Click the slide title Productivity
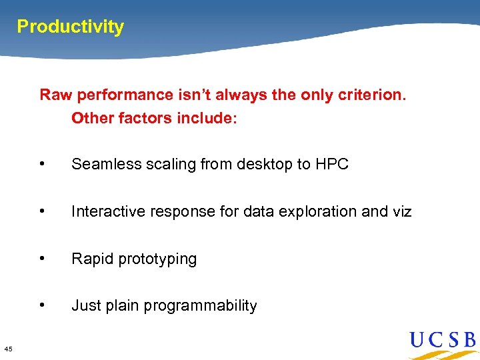click(x=70, y=27)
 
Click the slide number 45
click(x=7, y=348)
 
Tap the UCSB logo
click(x=443, y=341)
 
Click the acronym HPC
click(x=331, y=164)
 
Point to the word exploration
click(x=318, y=211)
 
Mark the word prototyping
click(x=156, y=259)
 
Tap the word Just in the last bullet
click(x=85, y=305)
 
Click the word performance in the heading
click(x=123, y=95)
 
